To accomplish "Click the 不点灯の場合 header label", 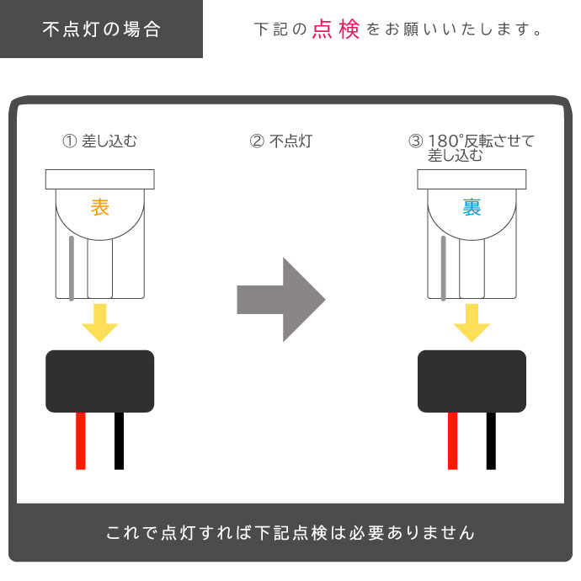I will (x=101, y=29).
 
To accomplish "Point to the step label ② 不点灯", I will (x=281, y=141).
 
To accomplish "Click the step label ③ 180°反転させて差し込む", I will (x=471, y=147).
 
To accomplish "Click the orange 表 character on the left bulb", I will (x=100, y=208).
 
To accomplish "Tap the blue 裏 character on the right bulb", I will (x=472, y=208).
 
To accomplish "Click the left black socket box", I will (x=100, y=381).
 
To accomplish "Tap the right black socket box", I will (x=472, y=381).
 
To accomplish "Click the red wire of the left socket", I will (x=81, y=440).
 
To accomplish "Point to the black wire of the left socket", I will (x=120, y=440).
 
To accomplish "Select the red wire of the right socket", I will (x=453, y=440).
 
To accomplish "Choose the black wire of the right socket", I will (x=491, y=440).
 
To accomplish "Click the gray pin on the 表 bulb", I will (x=73, y=268).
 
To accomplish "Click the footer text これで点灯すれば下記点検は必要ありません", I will (x=290, y=533).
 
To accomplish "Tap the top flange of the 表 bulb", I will (x=100, y=179).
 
